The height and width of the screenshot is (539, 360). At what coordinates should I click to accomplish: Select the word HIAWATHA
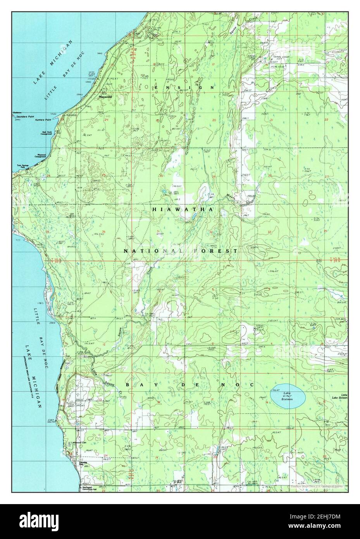[183, 209]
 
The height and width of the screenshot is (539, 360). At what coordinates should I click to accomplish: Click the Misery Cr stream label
[236, 197]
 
